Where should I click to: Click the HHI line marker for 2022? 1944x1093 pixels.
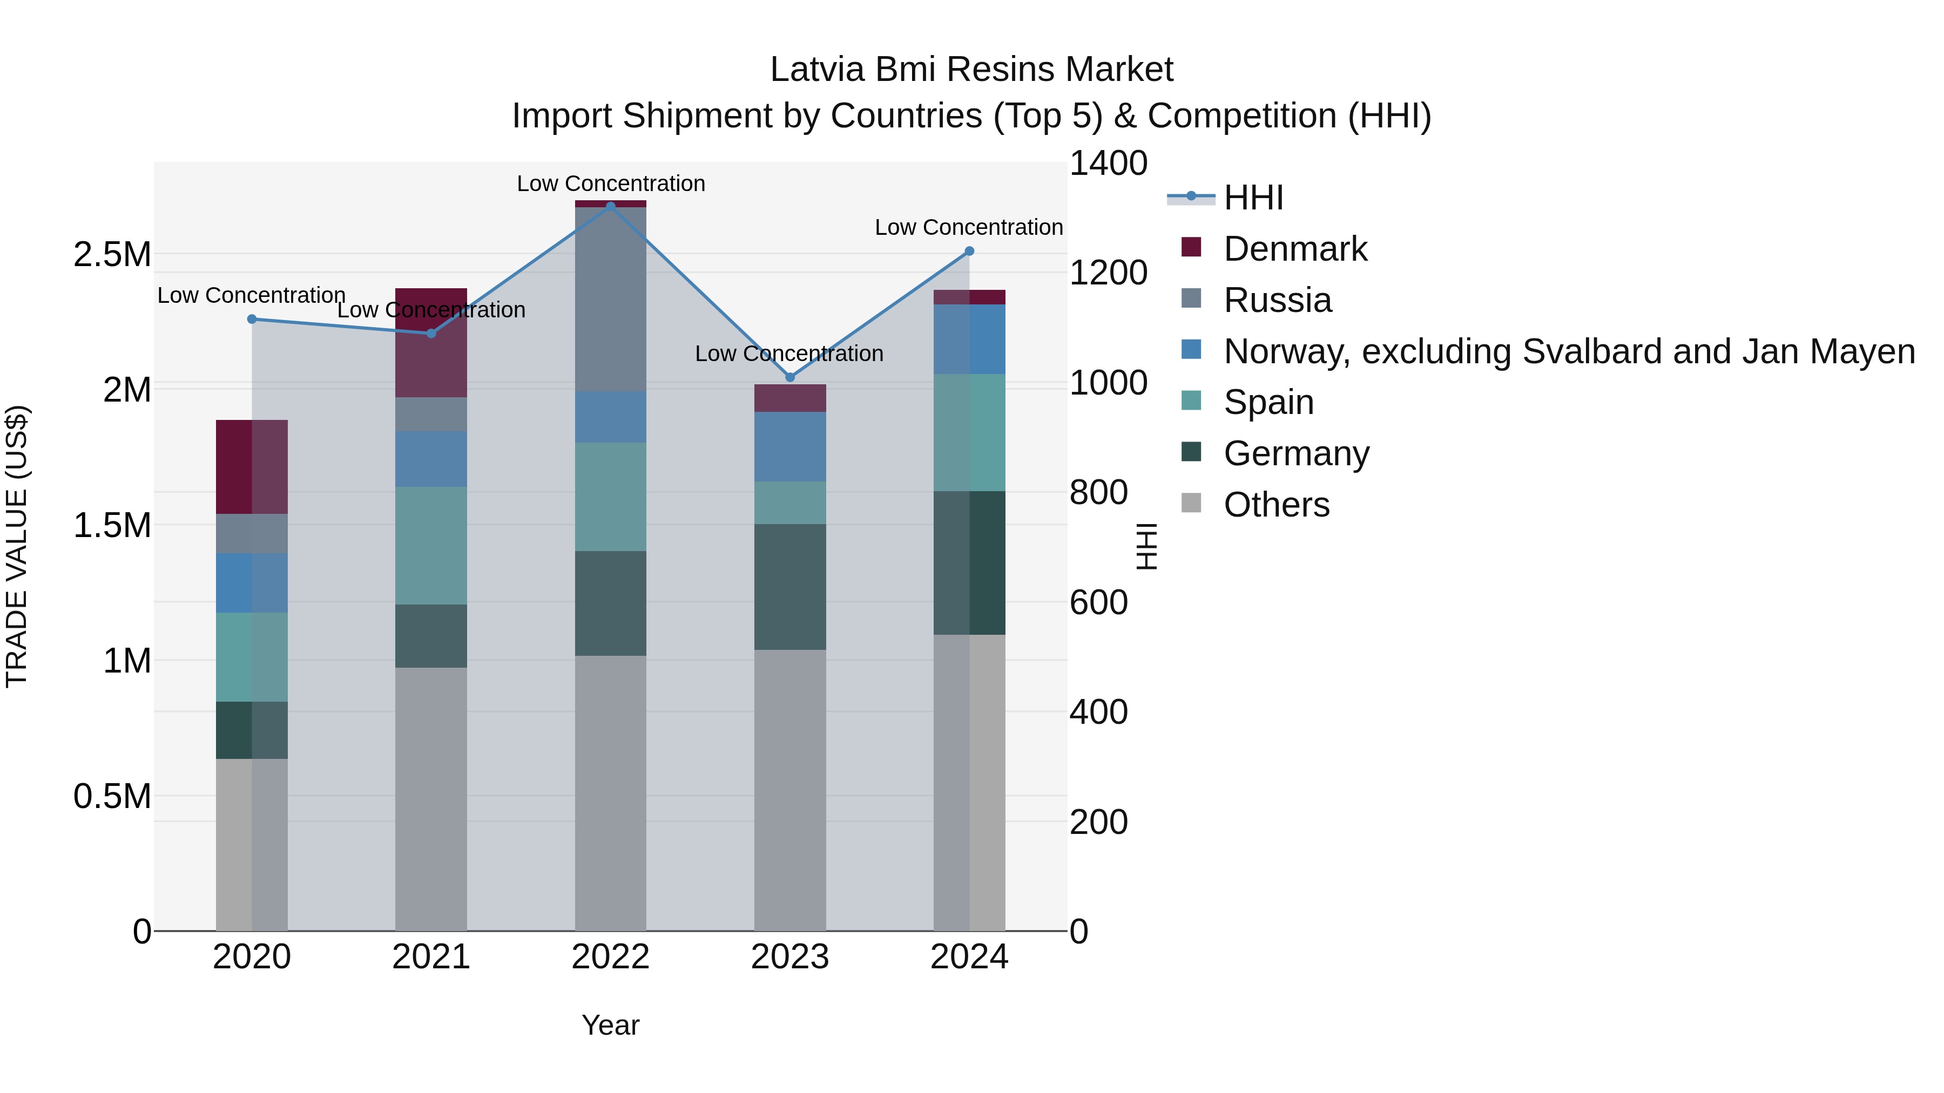611,206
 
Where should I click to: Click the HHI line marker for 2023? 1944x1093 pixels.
790,377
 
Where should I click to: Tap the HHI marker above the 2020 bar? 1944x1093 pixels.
252,319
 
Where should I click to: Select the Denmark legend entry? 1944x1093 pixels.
1295,249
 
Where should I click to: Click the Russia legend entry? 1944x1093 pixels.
1277,300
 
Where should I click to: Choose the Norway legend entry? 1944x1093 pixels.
1568,351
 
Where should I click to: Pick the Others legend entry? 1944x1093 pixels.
1276,505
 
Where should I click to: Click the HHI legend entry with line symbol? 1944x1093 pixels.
1253,198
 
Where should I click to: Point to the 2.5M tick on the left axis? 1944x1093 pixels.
112,255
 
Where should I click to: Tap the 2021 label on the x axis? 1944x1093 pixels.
431,957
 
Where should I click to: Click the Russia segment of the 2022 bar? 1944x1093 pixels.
611,298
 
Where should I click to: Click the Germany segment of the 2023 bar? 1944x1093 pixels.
790,586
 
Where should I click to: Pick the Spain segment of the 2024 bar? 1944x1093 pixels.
970,432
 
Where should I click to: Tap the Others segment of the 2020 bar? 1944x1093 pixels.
252,844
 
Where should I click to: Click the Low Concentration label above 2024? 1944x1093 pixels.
968,227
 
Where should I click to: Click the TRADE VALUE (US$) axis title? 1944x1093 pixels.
17,546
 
